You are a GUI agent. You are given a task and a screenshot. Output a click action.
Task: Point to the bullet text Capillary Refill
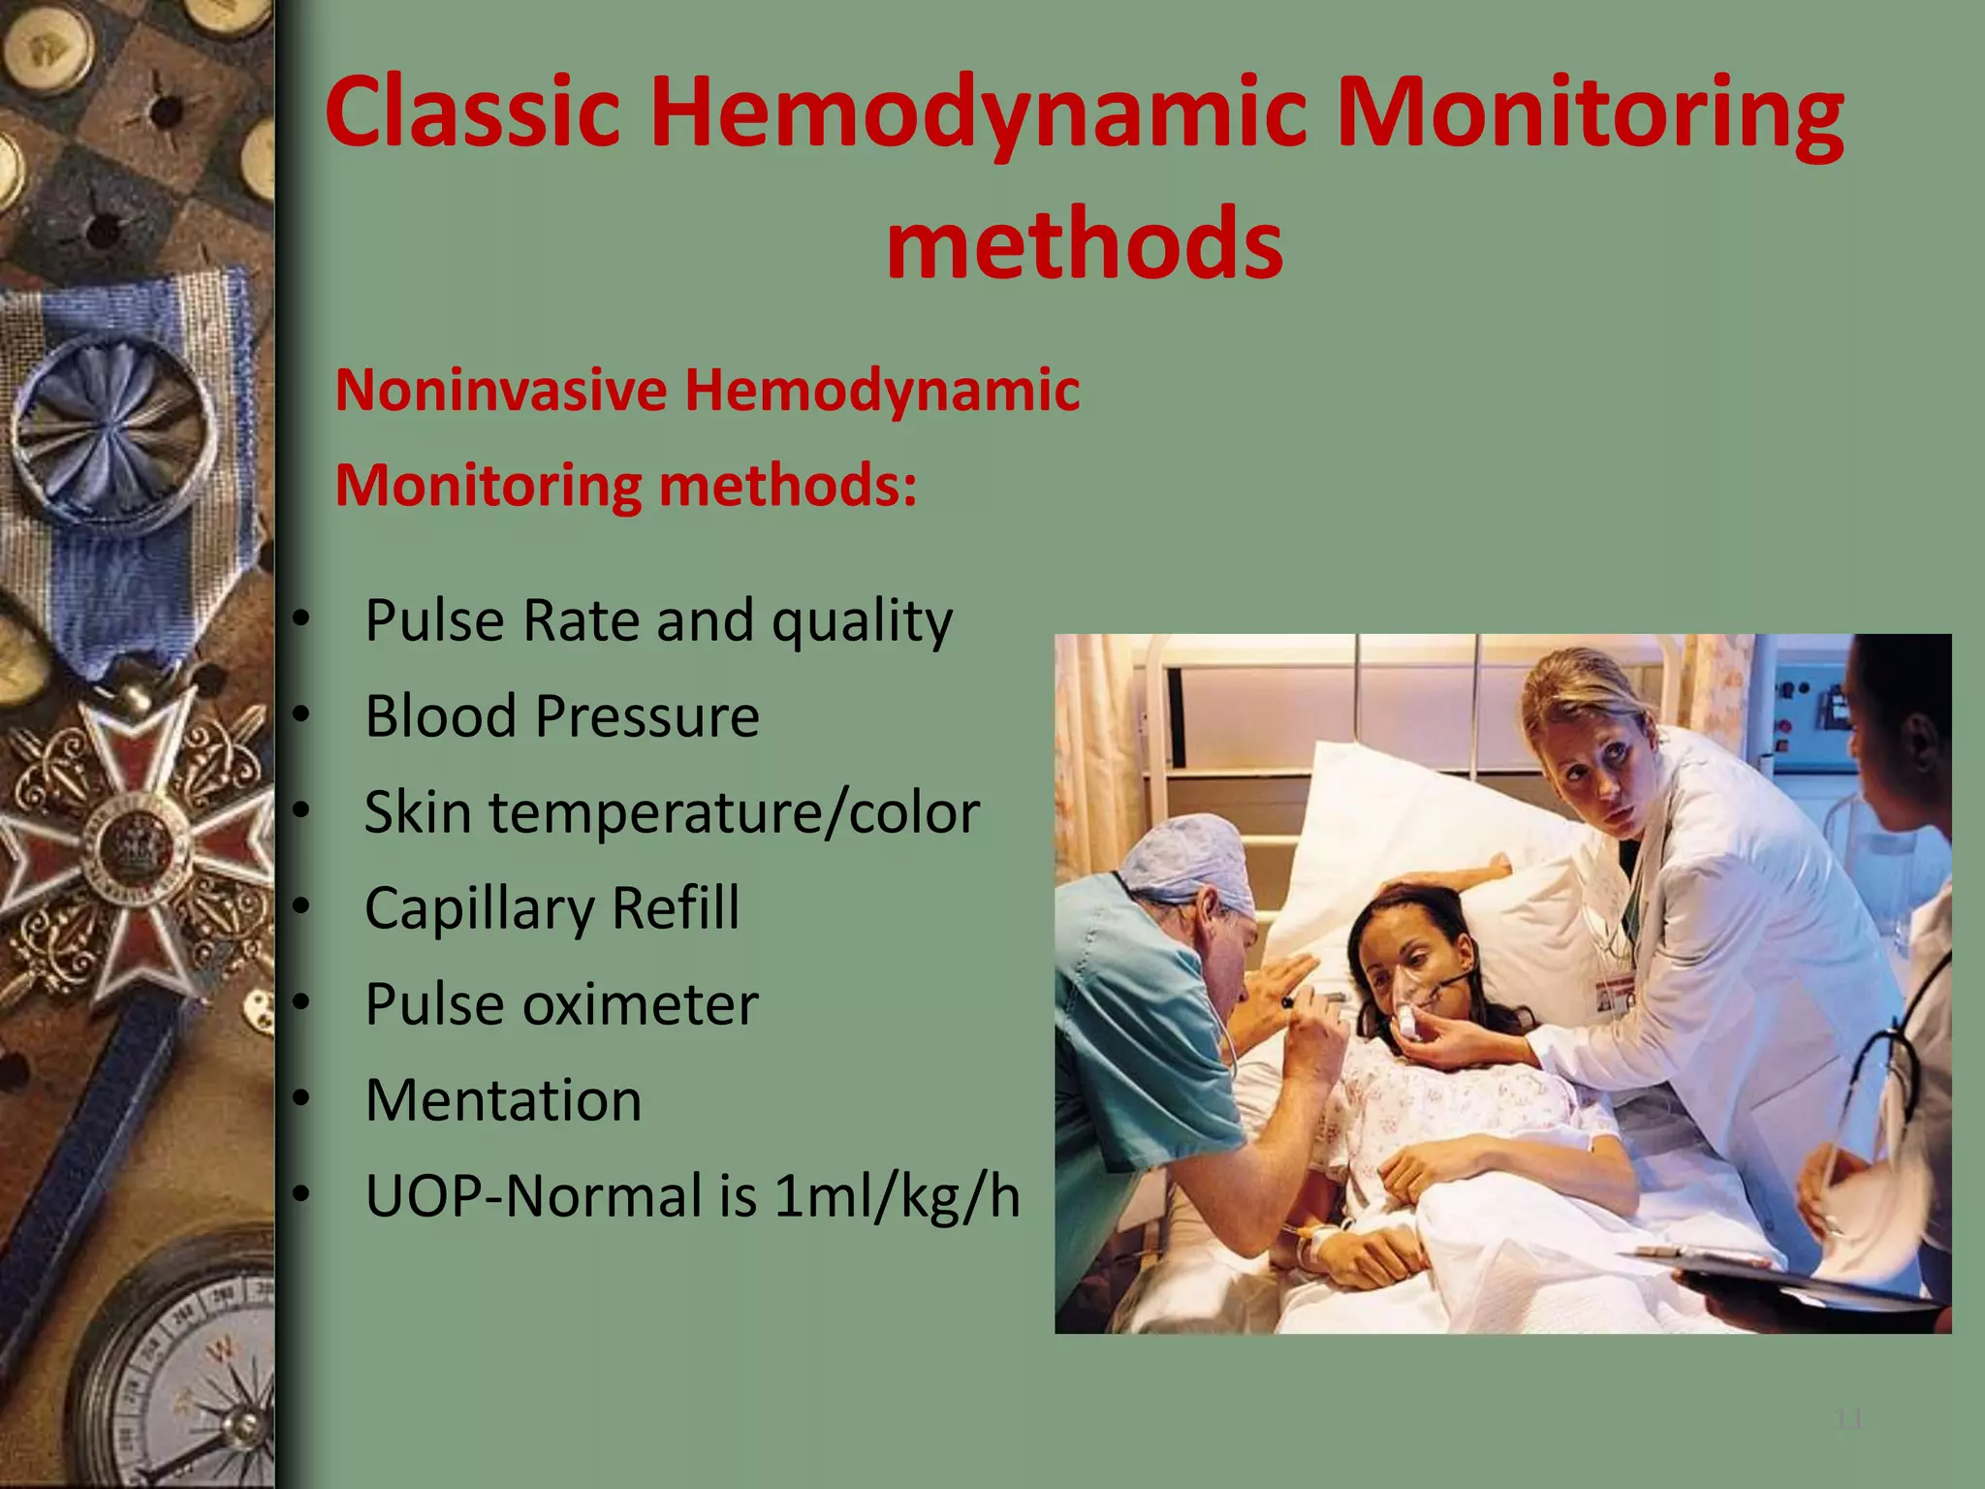click(x=551, y=907)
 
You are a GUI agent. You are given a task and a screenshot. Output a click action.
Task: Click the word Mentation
click(x=503, y=1099)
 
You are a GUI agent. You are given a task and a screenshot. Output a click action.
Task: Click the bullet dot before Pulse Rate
click(x=301, y=618)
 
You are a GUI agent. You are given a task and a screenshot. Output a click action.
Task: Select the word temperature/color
click(x=734, y=811)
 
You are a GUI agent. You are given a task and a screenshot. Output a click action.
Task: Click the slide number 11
click(x=1849, y=1420)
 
